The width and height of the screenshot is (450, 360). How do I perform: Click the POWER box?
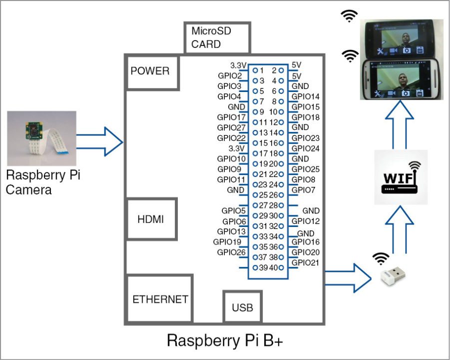tap(150, 71)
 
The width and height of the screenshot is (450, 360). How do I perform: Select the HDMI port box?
tap(150, 219)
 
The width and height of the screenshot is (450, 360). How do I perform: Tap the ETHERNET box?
tap(159, 299)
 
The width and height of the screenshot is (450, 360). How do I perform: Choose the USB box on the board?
tap(242, 307)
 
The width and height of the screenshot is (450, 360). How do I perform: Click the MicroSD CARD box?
tap(216, 37)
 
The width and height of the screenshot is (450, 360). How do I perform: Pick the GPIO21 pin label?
tap(305, 263)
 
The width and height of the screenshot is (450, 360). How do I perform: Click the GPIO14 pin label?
tap(305, 96)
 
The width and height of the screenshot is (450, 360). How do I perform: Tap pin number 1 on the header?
tap(262, 70)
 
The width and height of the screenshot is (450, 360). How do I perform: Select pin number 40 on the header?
tap(275, 268)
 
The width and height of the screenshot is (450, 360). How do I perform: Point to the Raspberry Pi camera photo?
tap(41, 138)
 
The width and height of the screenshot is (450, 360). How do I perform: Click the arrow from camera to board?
tap(99, 141)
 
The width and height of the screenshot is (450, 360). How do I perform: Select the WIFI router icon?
tap(401, 177)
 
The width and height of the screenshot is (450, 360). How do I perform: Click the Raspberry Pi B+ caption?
tap(225, 340)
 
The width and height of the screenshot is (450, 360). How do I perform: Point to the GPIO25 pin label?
tap(305, 169)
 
